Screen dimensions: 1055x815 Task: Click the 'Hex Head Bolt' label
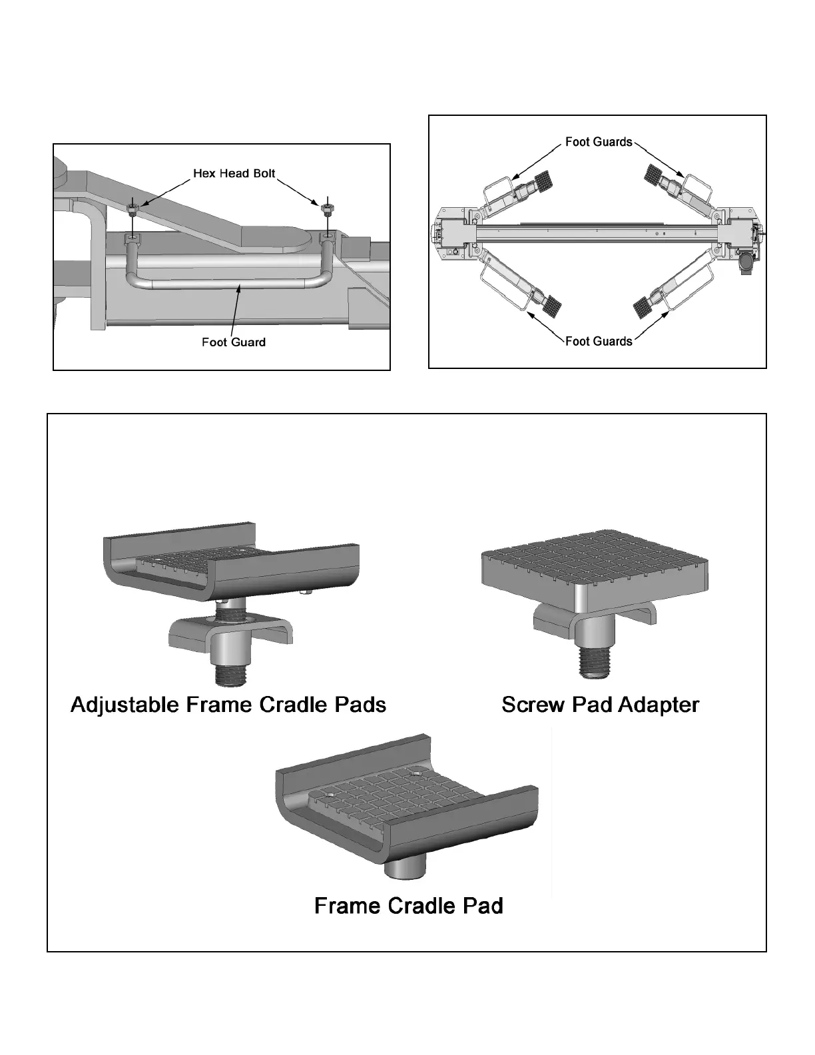(x=234, y=174)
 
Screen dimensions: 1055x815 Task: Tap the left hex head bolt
(x=133, y=210)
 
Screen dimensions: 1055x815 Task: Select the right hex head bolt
(x=326, y=209)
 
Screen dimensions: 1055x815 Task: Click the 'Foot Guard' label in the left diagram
(x=233, y=342)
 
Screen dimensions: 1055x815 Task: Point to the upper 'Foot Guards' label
(x=598, y=142)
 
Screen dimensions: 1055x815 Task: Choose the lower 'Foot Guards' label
(x=598, y=342)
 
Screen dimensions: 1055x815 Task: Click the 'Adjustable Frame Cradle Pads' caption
(x=228, y=705)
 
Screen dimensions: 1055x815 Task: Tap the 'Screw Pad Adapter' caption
(x=600, y=705)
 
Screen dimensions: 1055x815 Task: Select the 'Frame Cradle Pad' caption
(x=408, y=906)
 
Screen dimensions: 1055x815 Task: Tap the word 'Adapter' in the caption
(x=658, y=705)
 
